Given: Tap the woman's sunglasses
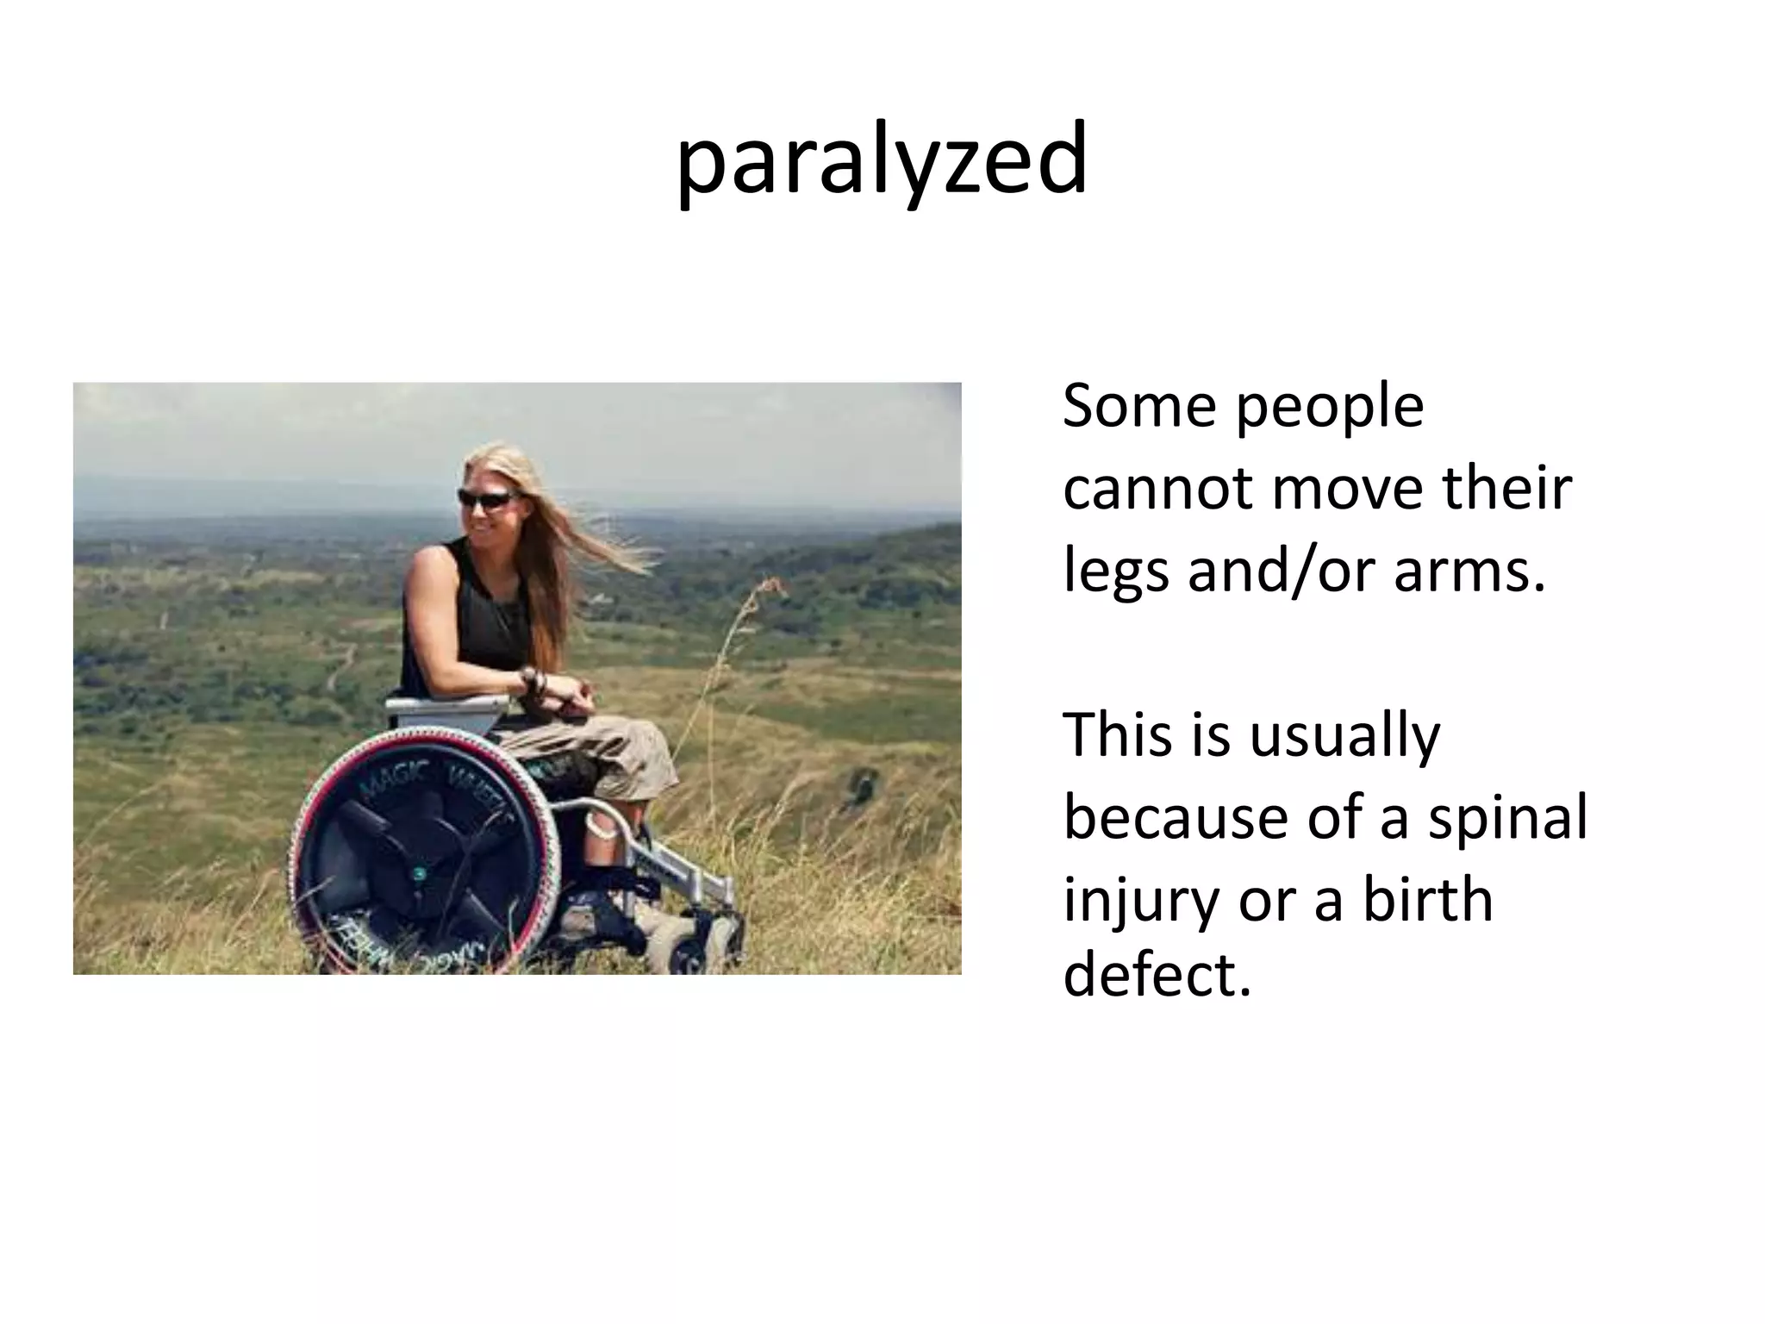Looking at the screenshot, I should [x=487, y=497].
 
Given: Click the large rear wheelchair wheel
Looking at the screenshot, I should [x=422, y=853].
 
